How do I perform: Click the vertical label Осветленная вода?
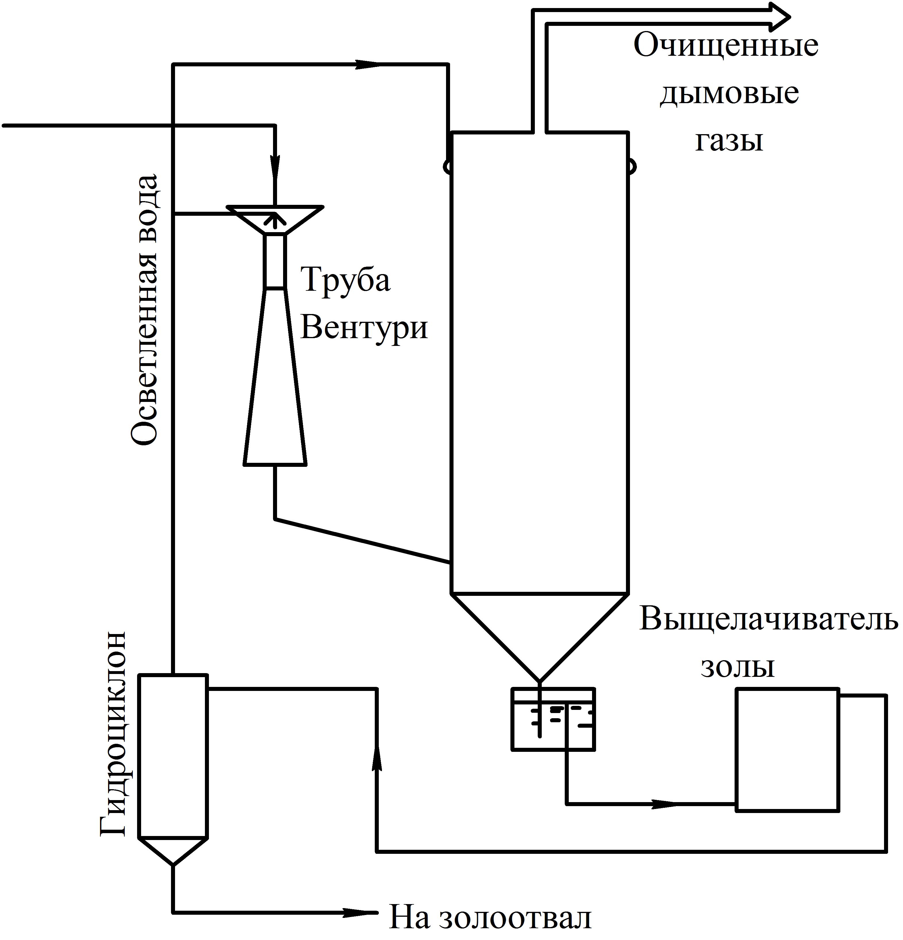point(144,309)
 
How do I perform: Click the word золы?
point(738,667)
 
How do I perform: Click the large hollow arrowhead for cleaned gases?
point(777,17)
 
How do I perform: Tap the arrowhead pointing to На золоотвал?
point(360,911)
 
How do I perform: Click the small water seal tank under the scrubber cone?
point(553,719)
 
